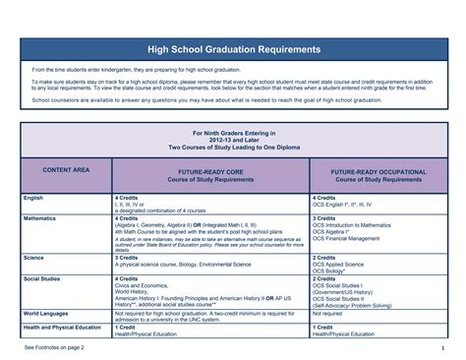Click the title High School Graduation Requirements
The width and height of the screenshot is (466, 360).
(x=233, y=48)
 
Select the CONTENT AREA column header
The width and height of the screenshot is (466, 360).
(x=66, y=170)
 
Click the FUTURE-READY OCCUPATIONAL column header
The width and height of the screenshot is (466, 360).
(x=378, y=175)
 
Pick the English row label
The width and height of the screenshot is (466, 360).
(x=33, y=198)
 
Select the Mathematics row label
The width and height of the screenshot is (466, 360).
(x=39, y=218)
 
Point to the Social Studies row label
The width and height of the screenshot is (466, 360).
(x=42, y=278)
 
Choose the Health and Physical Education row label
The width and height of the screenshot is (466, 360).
(x=62, y=327)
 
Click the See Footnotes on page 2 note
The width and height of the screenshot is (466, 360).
(x=56, y=347)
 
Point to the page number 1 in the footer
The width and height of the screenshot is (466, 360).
(x=443, y=347)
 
